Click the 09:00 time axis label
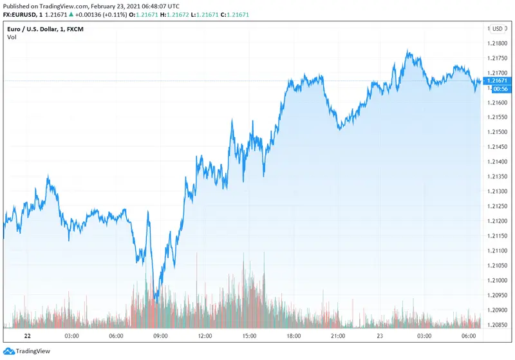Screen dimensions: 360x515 pos(160,336)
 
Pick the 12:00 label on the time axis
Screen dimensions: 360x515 pos(205,336)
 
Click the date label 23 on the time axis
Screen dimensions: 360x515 pos(382,336)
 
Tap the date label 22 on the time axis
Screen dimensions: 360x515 pos(28,336)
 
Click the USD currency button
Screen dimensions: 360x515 pos(497,28)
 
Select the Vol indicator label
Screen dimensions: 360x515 pos(12,37)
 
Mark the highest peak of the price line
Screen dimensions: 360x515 pos(408,50)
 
